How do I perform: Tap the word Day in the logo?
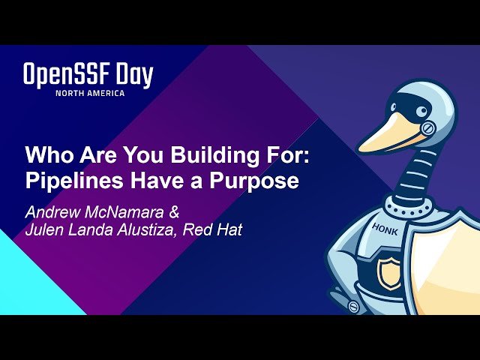point(134,76)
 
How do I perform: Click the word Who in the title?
point(46,157)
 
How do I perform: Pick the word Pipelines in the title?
point(72,181)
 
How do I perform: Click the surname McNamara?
point(127,211)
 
